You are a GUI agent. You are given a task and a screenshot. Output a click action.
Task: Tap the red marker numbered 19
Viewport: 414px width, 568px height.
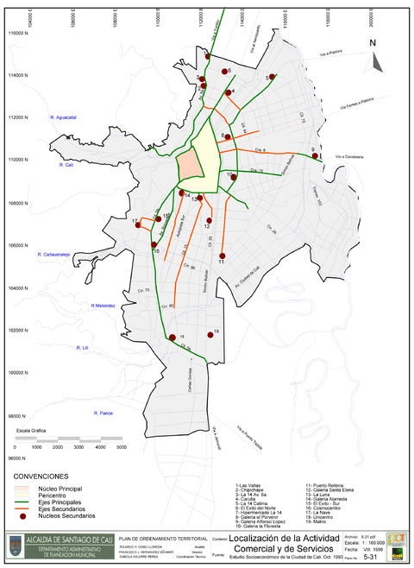(210, 336)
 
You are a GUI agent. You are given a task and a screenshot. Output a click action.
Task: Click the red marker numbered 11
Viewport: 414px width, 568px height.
(223, 256)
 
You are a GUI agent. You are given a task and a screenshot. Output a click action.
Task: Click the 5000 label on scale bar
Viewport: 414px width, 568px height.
(122, 447)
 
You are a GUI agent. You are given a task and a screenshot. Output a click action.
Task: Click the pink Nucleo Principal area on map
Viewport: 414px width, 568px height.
(188, 165)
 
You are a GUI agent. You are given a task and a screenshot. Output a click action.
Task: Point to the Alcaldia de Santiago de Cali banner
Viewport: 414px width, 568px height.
(61, 539)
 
